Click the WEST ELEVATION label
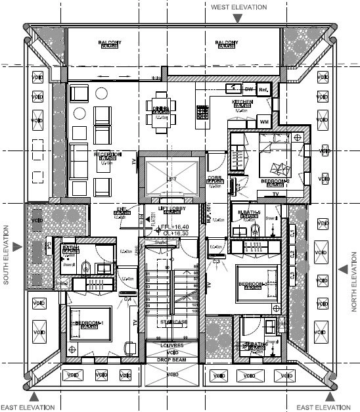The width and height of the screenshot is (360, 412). point(238,7)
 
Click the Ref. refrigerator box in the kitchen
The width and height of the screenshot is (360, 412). point(264,89)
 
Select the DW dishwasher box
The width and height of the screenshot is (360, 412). point(249,89)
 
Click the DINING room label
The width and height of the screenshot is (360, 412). point(161,108)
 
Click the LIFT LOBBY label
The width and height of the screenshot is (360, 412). point(169,208)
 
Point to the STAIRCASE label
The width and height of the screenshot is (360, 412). point(171,321)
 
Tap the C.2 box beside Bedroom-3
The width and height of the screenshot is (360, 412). point(292,252)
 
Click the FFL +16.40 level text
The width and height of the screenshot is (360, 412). point(172,227)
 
